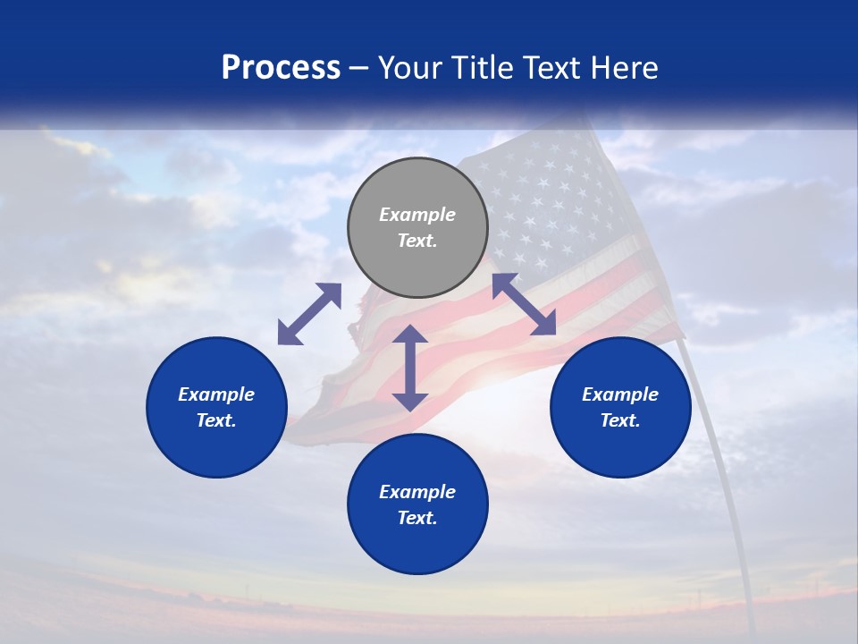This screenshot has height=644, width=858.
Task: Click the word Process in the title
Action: tap(281, 68)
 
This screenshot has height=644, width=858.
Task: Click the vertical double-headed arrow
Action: tap(410, 368)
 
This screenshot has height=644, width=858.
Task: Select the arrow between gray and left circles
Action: tap(310, 314)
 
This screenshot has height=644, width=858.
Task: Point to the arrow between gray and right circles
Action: tap(525, 304)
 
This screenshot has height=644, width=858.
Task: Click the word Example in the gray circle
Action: tap(417, 215)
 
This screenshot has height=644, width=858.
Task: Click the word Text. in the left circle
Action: tap(216, 420)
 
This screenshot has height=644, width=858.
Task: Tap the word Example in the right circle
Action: tap(620, 394)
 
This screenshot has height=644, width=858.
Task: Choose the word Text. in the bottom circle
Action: tap(417, 518)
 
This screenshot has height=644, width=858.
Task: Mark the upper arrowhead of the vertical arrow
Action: tap(410, 334)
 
